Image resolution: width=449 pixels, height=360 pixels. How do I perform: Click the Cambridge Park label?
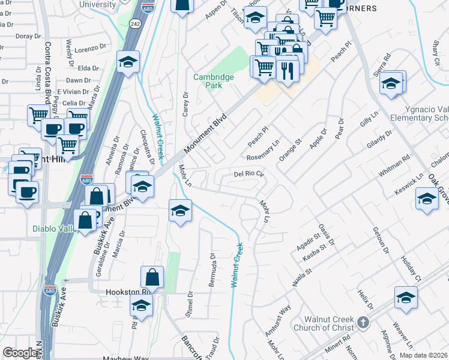point(208,81)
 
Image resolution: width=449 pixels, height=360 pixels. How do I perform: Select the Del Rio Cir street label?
point(249,175)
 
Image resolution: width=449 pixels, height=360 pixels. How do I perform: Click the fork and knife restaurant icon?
point(288,71)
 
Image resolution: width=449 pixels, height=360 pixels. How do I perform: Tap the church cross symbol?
point(362,323)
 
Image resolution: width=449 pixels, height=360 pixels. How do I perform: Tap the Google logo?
point(20,353)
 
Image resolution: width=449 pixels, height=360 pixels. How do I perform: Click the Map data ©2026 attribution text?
point(423,355)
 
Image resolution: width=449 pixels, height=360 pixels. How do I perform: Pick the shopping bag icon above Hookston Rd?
point(152,277)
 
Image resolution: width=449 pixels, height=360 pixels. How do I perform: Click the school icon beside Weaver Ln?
point(406,297)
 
